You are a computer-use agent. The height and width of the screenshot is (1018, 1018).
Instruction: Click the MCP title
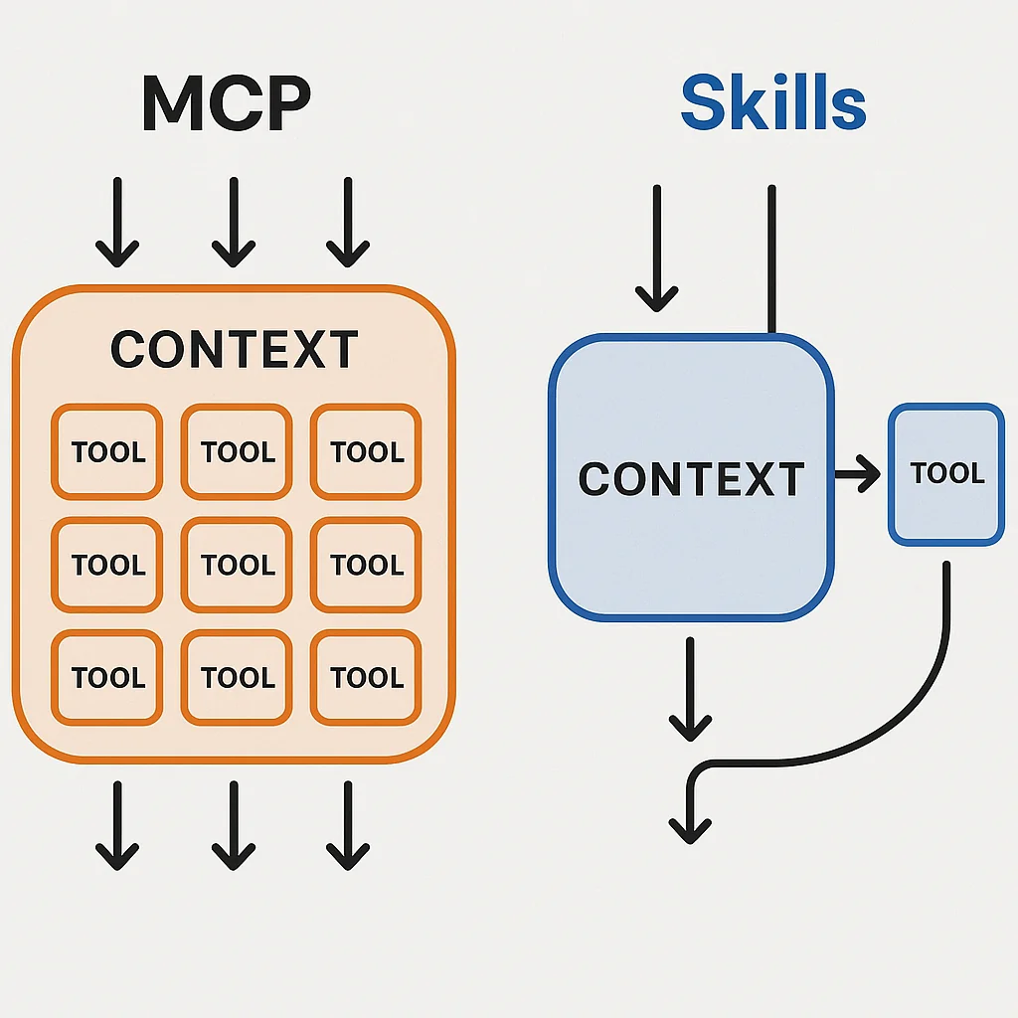226,103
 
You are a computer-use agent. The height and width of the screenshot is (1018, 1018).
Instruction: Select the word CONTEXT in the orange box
235,350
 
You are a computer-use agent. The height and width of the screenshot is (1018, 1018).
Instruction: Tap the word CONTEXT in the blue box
691,479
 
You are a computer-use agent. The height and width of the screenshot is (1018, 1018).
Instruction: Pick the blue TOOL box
945,474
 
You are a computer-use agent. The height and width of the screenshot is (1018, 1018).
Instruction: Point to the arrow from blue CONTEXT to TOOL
857,477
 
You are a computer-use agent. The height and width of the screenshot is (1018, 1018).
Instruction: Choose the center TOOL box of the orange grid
237,565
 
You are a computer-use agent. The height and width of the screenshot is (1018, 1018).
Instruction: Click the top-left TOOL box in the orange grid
107,452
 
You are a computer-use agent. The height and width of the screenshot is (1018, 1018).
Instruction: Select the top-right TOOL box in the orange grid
366,452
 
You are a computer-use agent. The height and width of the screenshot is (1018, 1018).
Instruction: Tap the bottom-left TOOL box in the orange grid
107,677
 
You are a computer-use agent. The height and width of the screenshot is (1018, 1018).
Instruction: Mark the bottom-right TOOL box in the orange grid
366,677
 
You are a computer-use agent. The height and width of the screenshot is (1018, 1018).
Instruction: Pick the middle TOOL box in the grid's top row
237,452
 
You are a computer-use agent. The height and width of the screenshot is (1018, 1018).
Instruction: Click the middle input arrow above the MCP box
234,223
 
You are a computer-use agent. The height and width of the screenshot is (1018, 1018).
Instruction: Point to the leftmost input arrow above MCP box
117,223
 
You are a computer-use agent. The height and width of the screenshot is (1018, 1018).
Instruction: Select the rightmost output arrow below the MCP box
348,825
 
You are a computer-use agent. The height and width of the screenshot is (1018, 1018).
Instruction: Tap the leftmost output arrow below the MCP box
117,825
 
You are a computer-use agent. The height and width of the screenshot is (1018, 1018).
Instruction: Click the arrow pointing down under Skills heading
656,249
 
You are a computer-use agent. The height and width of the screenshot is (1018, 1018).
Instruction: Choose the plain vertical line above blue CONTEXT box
771,258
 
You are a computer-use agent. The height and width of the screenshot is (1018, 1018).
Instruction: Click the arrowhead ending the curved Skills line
690,825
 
